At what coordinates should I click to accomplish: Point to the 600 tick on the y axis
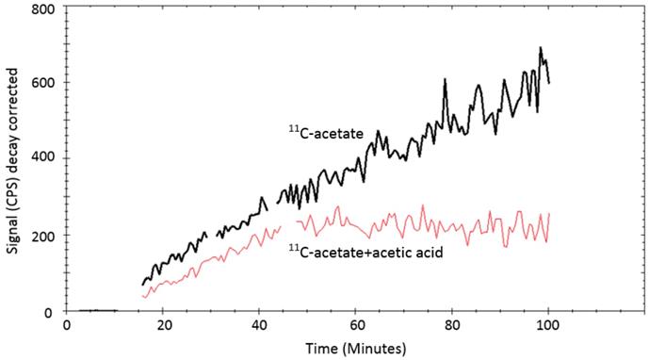tap(43, 83)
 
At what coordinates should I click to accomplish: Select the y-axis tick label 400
tap(43, 158)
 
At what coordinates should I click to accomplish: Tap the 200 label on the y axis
tap(43, 235)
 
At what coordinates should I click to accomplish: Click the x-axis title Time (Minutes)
tap(355, 348)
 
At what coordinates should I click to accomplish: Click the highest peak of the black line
tap(540, 48)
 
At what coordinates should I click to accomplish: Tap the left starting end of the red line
tap(142, 296)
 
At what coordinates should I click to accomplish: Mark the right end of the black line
tap(549, 82)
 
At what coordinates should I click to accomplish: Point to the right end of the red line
tap(548, 215)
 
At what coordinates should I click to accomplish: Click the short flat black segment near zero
tap(97, 310)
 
